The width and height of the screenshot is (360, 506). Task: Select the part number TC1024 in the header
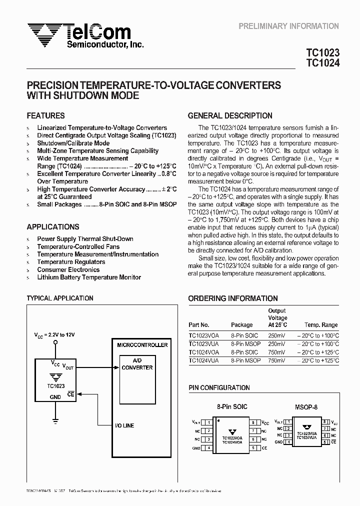click(322, 63)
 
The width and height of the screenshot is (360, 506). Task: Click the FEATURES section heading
click(45, 115)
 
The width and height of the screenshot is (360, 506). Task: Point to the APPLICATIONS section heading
click(52, 226)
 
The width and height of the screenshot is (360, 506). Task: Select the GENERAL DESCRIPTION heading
click(230, 115)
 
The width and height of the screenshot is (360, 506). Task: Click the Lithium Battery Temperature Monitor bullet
click(88, 277)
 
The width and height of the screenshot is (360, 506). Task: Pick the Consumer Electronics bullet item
click(68, 269)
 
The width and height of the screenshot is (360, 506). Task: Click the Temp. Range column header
click(321, 325)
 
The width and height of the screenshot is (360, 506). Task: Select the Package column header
click(242, 325)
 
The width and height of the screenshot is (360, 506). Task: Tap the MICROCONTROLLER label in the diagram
click(142, 345)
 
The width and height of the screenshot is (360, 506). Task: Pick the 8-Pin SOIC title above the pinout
click(231, 406)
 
